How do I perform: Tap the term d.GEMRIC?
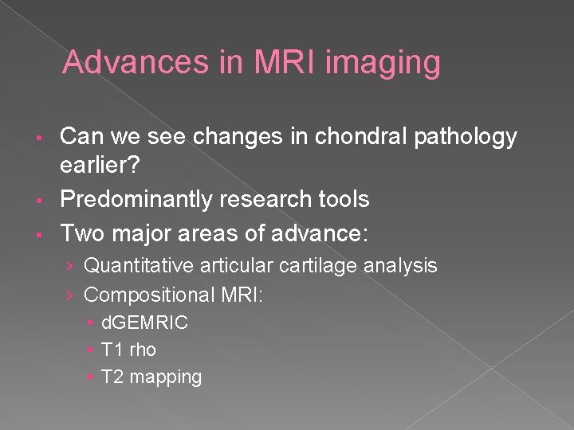coord(144,322)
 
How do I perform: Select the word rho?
coord(143,350)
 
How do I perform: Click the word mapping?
coord(166,377)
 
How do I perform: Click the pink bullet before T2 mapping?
coord(93,377)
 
